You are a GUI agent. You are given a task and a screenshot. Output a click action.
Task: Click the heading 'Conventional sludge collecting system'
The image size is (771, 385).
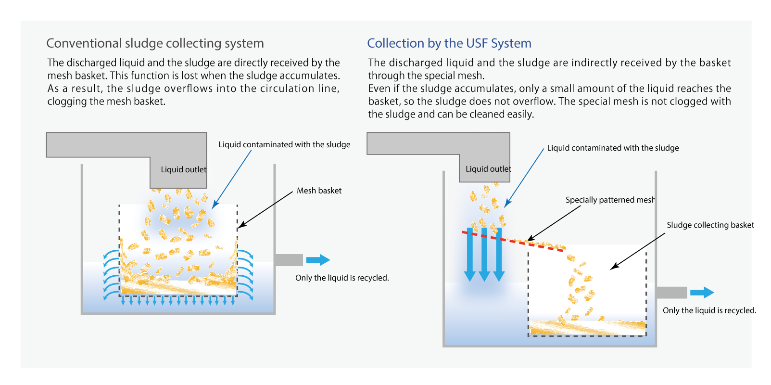coord(155,43)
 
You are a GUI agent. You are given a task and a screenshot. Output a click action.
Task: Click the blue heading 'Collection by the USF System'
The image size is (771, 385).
coord(449,43)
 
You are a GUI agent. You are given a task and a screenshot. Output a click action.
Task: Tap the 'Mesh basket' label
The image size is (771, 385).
coord(319,191)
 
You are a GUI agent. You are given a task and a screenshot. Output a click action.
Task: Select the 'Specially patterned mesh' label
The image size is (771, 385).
coord(610,200)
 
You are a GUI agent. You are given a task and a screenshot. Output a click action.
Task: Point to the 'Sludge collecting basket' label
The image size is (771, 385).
coord(710,225)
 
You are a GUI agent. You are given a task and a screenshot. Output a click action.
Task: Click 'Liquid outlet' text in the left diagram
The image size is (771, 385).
coord(183,169)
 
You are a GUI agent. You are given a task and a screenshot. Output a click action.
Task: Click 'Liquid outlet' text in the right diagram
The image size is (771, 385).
coord(488,169)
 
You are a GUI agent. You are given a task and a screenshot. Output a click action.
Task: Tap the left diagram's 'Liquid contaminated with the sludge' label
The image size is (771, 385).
coord(284,144)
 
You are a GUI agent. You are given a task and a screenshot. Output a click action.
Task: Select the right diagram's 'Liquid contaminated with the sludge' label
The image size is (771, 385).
coord(613,148)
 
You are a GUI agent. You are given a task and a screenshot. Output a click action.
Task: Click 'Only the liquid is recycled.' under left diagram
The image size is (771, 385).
coord(342,278)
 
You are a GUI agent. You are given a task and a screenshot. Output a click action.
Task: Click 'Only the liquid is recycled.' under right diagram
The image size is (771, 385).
coord(709,310)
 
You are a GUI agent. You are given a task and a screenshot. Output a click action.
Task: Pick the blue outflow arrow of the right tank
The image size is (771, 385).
coord(702,292)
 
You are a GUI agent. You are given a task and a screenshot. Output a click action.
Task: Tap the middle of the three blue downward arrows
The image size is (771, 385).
coord(484,255)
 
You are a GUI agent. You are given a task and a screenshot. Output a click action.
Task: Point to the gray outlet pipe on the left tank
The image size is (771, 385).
coord(289,260)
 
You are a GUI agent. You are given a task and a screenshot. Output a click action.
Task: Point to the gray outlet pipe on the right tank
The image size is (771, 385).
coord(671,292)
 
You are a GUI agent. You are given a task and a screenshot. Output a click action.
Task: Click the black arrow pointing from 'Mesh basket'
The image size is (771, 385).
coord(265,209)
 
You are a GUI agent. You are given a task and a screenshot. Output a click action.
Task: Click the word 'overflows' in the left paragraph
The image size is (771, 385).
coord(189,89)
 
